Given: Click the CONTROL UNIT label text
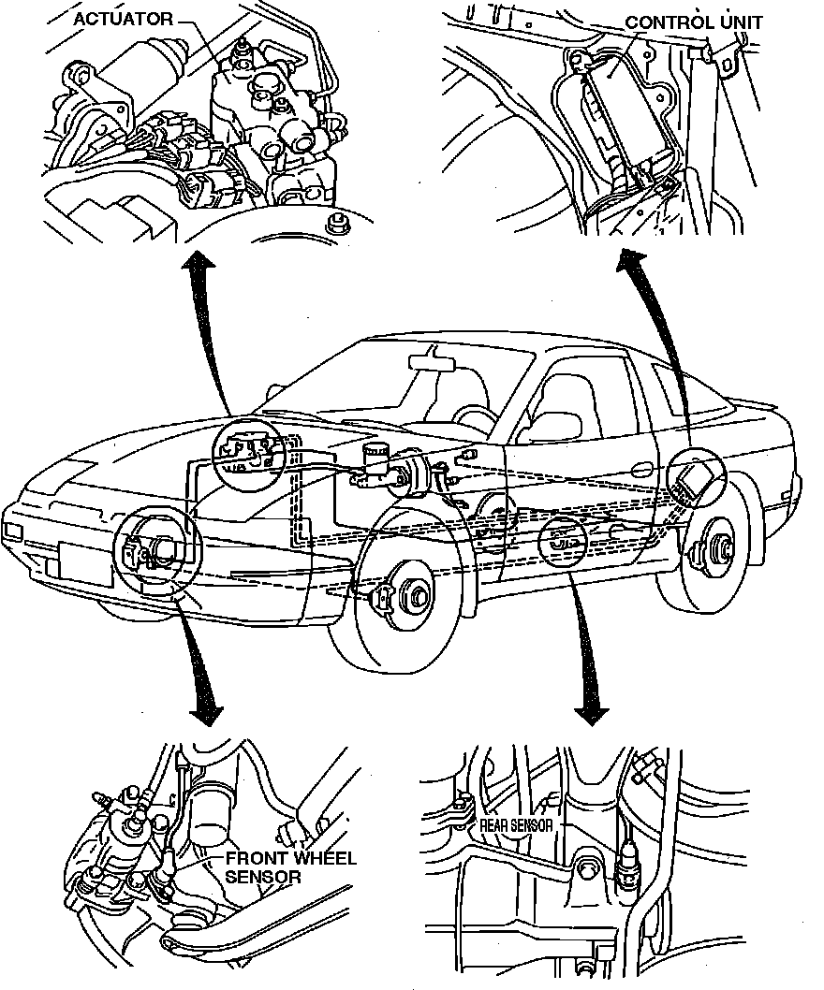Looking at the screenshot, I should tap(694, 22).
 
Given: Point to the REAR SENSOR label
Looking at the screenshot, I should tap(517, 825).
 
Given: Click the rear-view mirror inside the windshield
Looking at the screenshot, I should tap(432, 358).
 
